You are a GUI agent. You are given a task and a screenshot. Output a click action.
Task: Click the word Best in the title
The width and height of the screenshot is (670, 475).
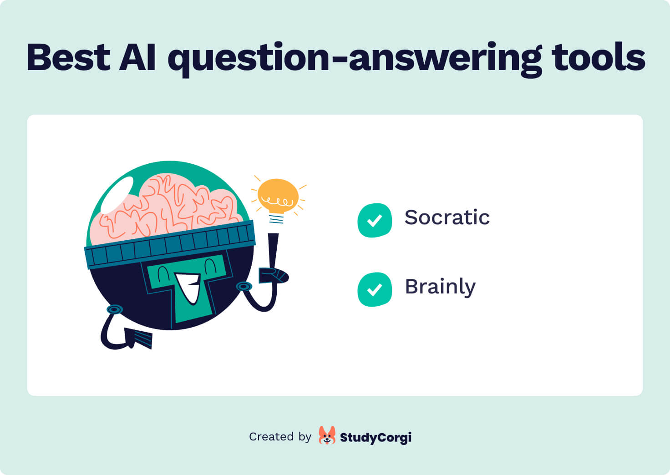tap(68, 57)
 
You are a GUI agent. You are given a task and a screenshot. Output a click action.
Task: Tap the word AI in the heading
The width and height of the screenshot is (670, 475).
tap(137, 57)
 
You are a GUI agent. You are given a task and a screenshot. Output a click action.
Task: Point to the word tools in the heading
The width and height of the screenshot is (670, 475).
tap(598, 57)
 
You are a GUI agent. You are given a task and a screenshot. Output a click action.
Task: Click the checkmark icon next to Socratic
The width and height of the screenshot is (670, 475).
tap(375, 220)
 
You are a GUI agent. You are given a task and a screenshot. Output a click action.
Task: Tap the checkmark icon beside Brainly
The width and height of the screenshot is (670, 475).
tap(375, 289)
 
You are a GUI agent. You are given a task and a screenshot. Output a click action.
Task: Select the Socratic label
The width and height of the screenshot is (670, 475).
tap(447, 217)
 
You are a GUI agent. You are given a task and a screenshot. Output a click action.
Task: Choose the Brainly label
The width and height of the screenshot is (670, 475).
tap(440, 287)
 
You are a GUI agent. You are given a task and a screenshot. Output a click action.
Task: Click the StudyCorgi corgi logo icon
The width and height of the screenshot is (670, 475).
tap(327, 435)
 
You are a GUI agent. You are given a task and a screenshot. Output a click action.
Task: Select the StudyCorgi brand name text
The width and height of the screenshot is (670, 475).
tap(376, 438)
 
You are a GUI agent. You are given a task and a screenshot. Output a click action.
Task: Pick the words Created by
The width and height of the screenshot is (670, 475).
tap(280, 437)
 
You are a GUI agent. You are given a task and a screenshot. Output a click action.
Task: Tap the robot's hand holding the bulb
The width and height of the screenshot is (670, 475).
tap(273, 275)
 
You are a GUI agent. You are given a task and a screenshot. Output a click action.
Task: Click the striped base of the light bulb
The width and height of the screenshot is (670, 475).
tap(276, 219)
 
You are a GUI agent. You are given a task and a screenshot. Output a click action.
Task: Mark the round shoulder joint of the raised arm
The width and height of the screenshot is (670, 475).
tap(244, 287)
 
